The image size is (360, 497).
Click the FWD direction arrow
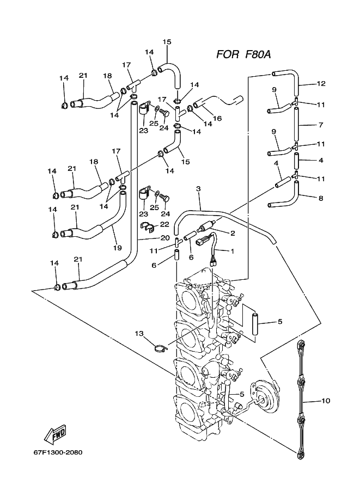56,433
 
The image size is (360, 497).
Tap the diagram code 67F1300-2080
58,452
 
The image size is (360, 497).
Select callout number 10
326,401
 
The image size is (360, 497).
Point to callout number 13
139,334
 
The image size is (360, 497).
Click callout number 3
199,189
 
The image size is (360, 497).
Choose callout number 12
321,83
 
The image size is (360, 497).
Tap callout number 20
164,238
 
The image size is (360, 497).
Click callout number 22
164,224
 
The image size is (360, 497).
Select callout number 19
117,248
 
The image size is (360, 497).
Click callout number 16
217,119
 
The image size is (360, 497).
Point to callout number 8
321,199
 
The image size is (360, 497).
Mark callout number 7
321,125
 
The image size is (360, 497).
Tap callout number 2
233,234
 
